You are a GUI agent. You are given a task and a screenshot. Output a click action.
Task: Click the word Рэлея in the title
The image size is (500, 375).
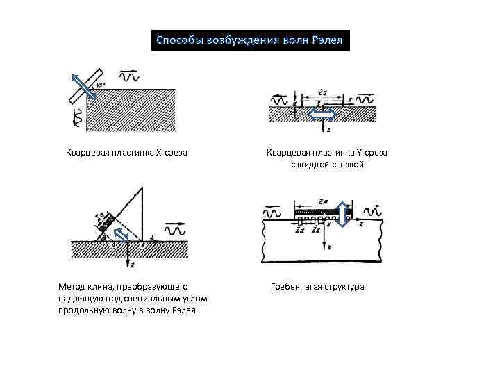(x=324, y=40)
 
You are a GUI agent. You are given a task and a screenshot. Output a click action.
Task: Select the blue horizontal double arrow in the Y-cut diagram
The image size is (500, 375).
(x=322, y=115)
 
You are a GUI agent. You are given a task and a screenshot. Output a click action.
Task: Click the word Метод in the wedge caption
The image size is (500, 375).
(x=72, y=286)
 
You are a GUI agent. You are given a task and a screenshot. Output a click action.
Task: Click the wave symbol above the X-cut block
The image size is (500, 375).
(x=128, y=74)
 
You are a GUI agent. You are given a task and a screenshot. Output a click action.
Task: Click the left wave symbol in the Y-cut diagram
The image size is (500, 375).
(x=279, y=101)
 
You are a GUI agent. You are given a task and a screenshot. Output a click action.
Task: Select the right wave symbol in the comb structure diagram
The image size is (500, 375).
(x=374, y=210)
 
